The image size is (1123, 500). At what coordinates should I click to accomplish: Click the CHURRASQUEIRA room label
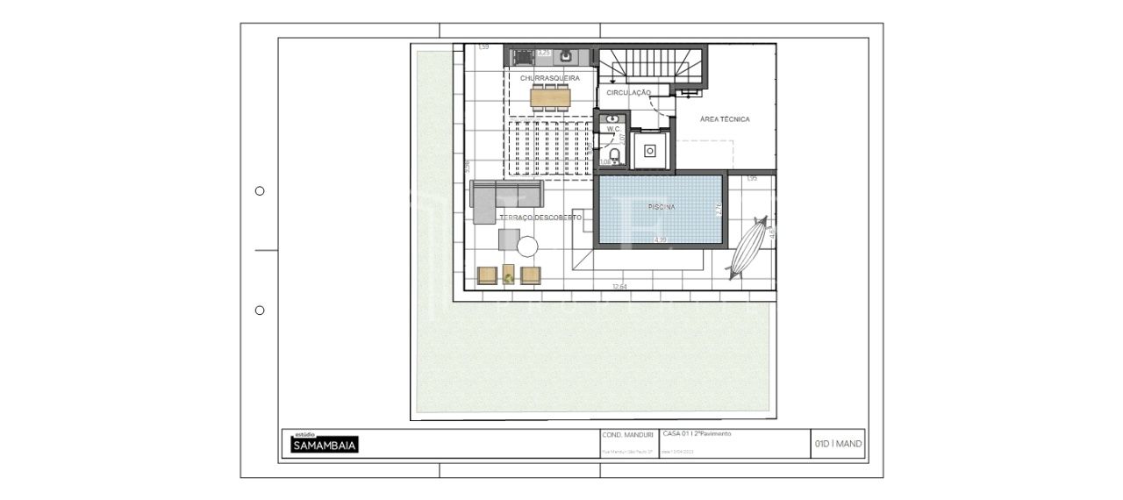[x=549, y=78]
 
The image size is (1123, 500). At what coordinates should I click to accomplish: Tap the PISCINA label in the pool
[x=661, y=207]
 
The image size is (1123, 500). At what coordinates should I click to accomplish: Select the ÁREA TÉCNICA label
[x=725, y=119]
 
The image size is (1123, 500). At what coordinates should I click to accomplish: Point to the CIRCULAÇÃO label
[x=628, y=92]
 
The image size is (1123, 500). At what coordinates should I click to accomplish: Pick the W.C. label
[x=613, y=130]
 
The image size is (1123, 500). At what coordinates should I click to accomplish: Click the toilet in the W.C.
[x=615, y=156]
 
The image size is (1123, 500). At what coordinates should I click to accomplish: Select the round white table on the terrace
[x=527, y=246]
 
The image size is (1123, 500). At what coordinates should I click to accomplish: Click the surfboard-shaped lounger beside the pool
[x=747, y=246]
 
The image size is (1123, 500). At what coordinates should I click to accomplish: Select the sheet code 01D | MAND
[x=838, y=444]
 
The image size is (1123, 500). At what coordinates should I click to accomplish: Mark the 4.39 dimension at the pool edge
[x=661, y=239]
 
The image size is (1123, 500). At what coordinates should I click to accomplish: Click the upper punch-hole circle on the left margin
[x=260, y=191]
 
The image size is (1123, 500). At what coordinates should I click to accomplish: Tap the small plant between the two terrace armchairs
[x=509, y=278]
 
